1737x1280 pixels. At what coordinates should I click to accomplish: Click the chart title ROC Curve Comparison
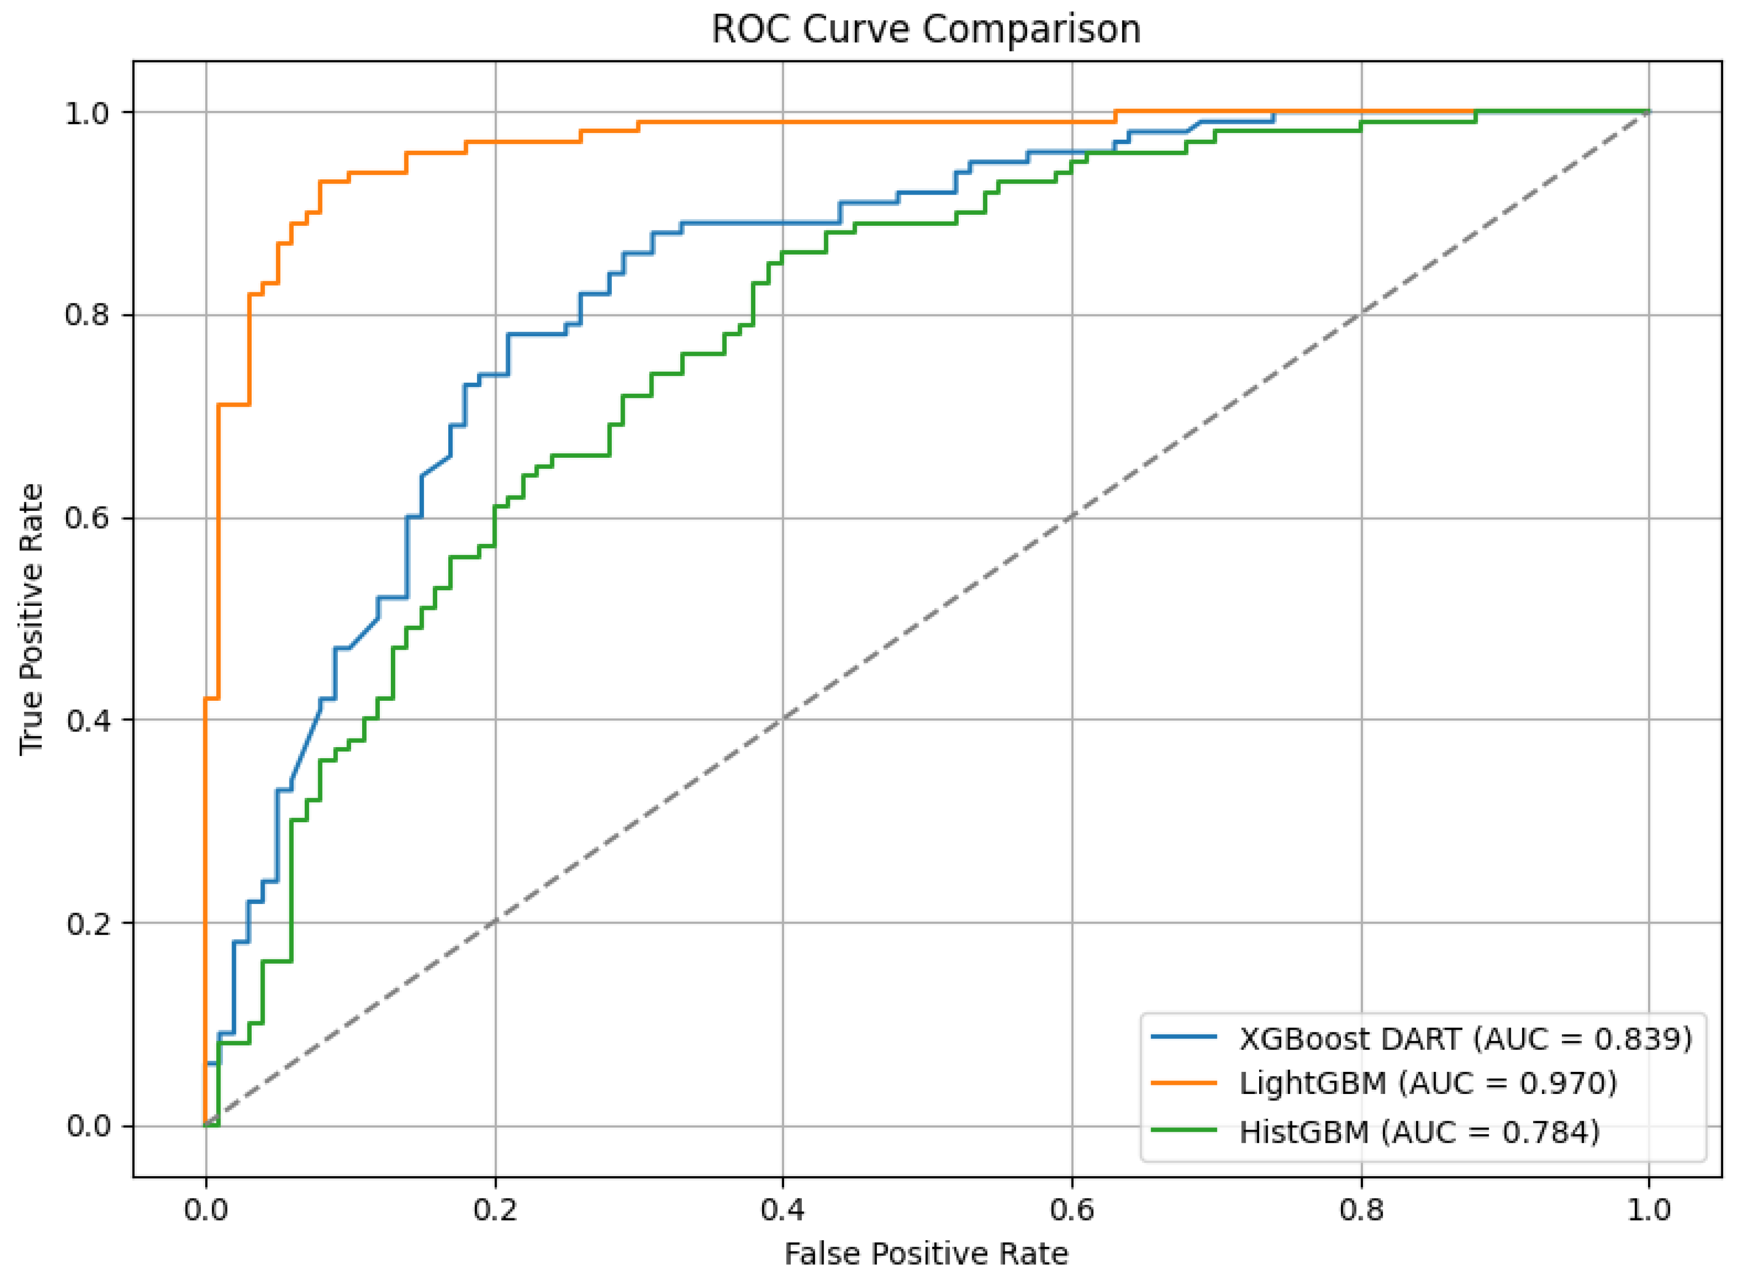pos(926,30)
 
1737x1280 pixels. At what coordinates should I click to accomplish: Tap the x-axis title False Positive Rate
pos(926,1253)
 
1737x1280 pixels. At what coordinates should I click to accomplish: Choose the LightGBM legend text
pos(1312,1083)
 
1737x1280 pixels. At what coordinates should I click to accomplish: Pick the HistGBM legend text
pos(1304,1132)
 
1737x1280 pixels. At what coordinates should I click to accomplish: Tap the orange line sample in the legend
pos(1184,1083)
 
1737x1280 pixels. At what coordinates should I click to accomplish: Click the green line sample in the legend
pos(1184,1130)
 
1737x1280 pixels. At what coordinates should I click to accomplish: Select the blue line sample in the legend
pos(1184,1037)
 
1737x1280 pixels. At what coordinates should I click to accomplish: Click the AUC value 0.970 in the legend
pos(1563,1083)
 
